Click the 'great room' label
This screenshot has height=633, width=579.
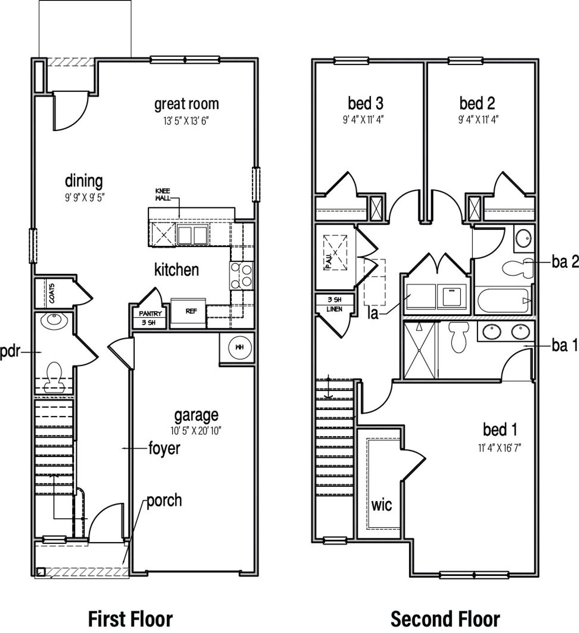[x=186, y=104]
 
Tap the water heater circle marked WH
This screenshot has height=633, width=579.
[x=237, y=348]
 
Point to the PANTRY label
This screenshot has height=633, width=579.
[x=150, y=313]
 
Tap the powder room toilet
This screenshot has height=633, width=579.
[x=55, y=376]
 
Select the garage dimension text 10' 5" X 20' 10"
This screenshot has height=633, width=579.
[x=197, y=430]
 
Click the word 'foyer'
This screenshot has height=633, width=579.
[x=164, y=449]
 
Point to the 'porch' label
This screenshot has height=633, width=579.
[x=164, y=501]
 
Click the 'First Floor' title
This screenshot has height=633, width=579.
[x=130, y=619]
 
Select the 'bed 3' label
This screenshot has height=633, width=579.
[x=365, y=104]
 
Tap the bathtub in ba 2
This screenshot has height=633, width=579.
[x=503, y=301]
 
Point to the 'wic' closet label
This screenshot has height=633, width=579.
[x=381, y=505]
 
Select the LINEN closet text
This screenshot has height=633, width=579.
[x=335, y=309]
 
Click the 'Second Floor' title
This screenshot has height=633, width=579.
[x=445, y=619]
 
